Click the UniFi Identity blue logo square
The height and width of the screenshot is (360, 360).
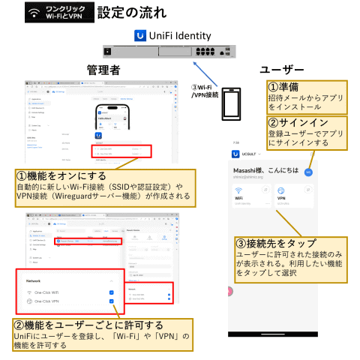(139, 35)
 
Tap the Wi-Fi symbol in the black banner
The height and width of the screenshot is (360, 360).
(34, 12)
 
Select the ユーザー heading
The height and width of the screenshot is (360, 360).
(283, 69)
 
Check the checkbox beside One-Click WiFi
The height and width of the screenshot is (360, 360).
(111, 292)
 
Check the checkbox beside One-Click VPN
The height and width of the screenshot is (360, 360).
(111, 301)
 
